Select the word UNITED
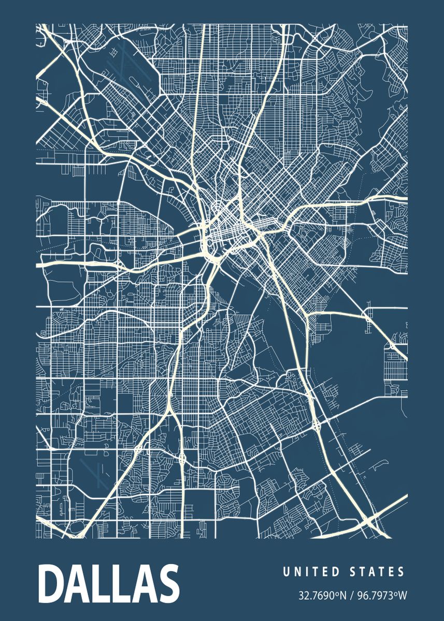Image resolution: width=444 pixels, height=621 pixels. click(x=311, y=572)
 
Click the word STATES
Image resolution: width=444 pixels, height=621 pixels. click(x=378, y=572)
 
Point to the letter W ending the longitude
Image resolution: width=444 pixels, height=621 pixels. click(x=403, y=596)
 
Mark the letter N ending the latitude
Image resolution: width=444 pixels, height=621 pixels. click(x=342, y=596)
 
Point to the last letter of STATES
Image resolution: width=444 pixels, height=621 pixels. click(x=400, y=572)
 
